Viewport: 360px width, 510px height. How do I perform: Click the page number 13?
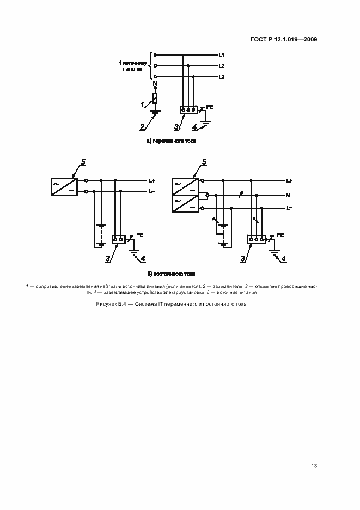click(314, 466)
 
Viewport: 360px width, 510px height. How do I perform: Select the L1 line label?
click(222, 55)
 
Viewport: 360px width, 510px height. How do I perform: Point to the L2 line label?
click(222, 65)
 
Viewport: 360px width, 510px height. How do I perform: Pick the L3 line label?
click(222, 77)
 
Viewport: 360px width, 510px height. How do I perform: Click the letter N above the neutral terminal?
click(155, 85)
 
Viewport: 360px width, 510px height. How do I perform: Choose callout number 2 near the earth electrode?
click(142, 127)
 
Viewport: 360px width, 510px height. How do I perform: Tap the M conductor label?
click(288, 195)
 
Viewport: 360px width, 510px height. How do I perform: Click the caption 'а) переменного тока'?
click(171, 141)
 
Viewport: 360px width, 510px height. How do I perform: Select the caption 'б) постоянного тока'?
click(171, 273)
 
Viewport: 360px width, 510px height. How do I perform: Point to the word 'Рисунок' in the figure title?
click(106, 304)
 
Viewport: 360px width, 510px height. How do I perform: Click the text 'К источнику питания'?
click(132, 66)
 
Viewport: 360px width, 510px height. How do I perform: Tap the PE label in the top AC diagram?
click(210, 108)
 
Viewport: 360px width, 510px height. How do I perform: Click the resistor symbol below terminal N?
click(155, 99)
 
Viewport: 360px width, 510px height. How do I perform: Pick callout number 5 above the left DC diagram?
click(83, 162)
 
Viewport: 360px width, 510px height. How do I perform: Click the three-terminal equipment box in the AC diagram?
click(188, 110)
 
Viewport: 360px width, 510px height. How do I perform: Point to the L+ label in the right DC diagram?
click(289, 180)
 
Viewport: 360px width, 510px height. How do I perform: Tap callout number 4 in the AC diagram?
click(194, 127)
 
